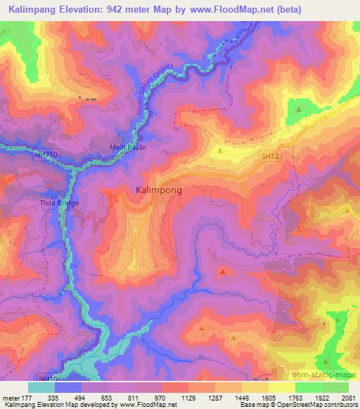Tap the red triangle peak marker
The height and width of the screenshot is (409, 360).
(223, 271)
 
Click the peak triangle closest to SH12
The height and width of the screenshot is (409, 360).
(220, 150)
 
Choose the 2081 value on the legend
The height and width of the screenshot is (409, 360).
(349, 398)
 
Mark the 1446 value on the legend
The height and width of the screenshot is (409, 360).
(242, 398)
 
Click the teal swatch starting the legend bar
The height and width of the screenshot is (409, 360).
(41, 387)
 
